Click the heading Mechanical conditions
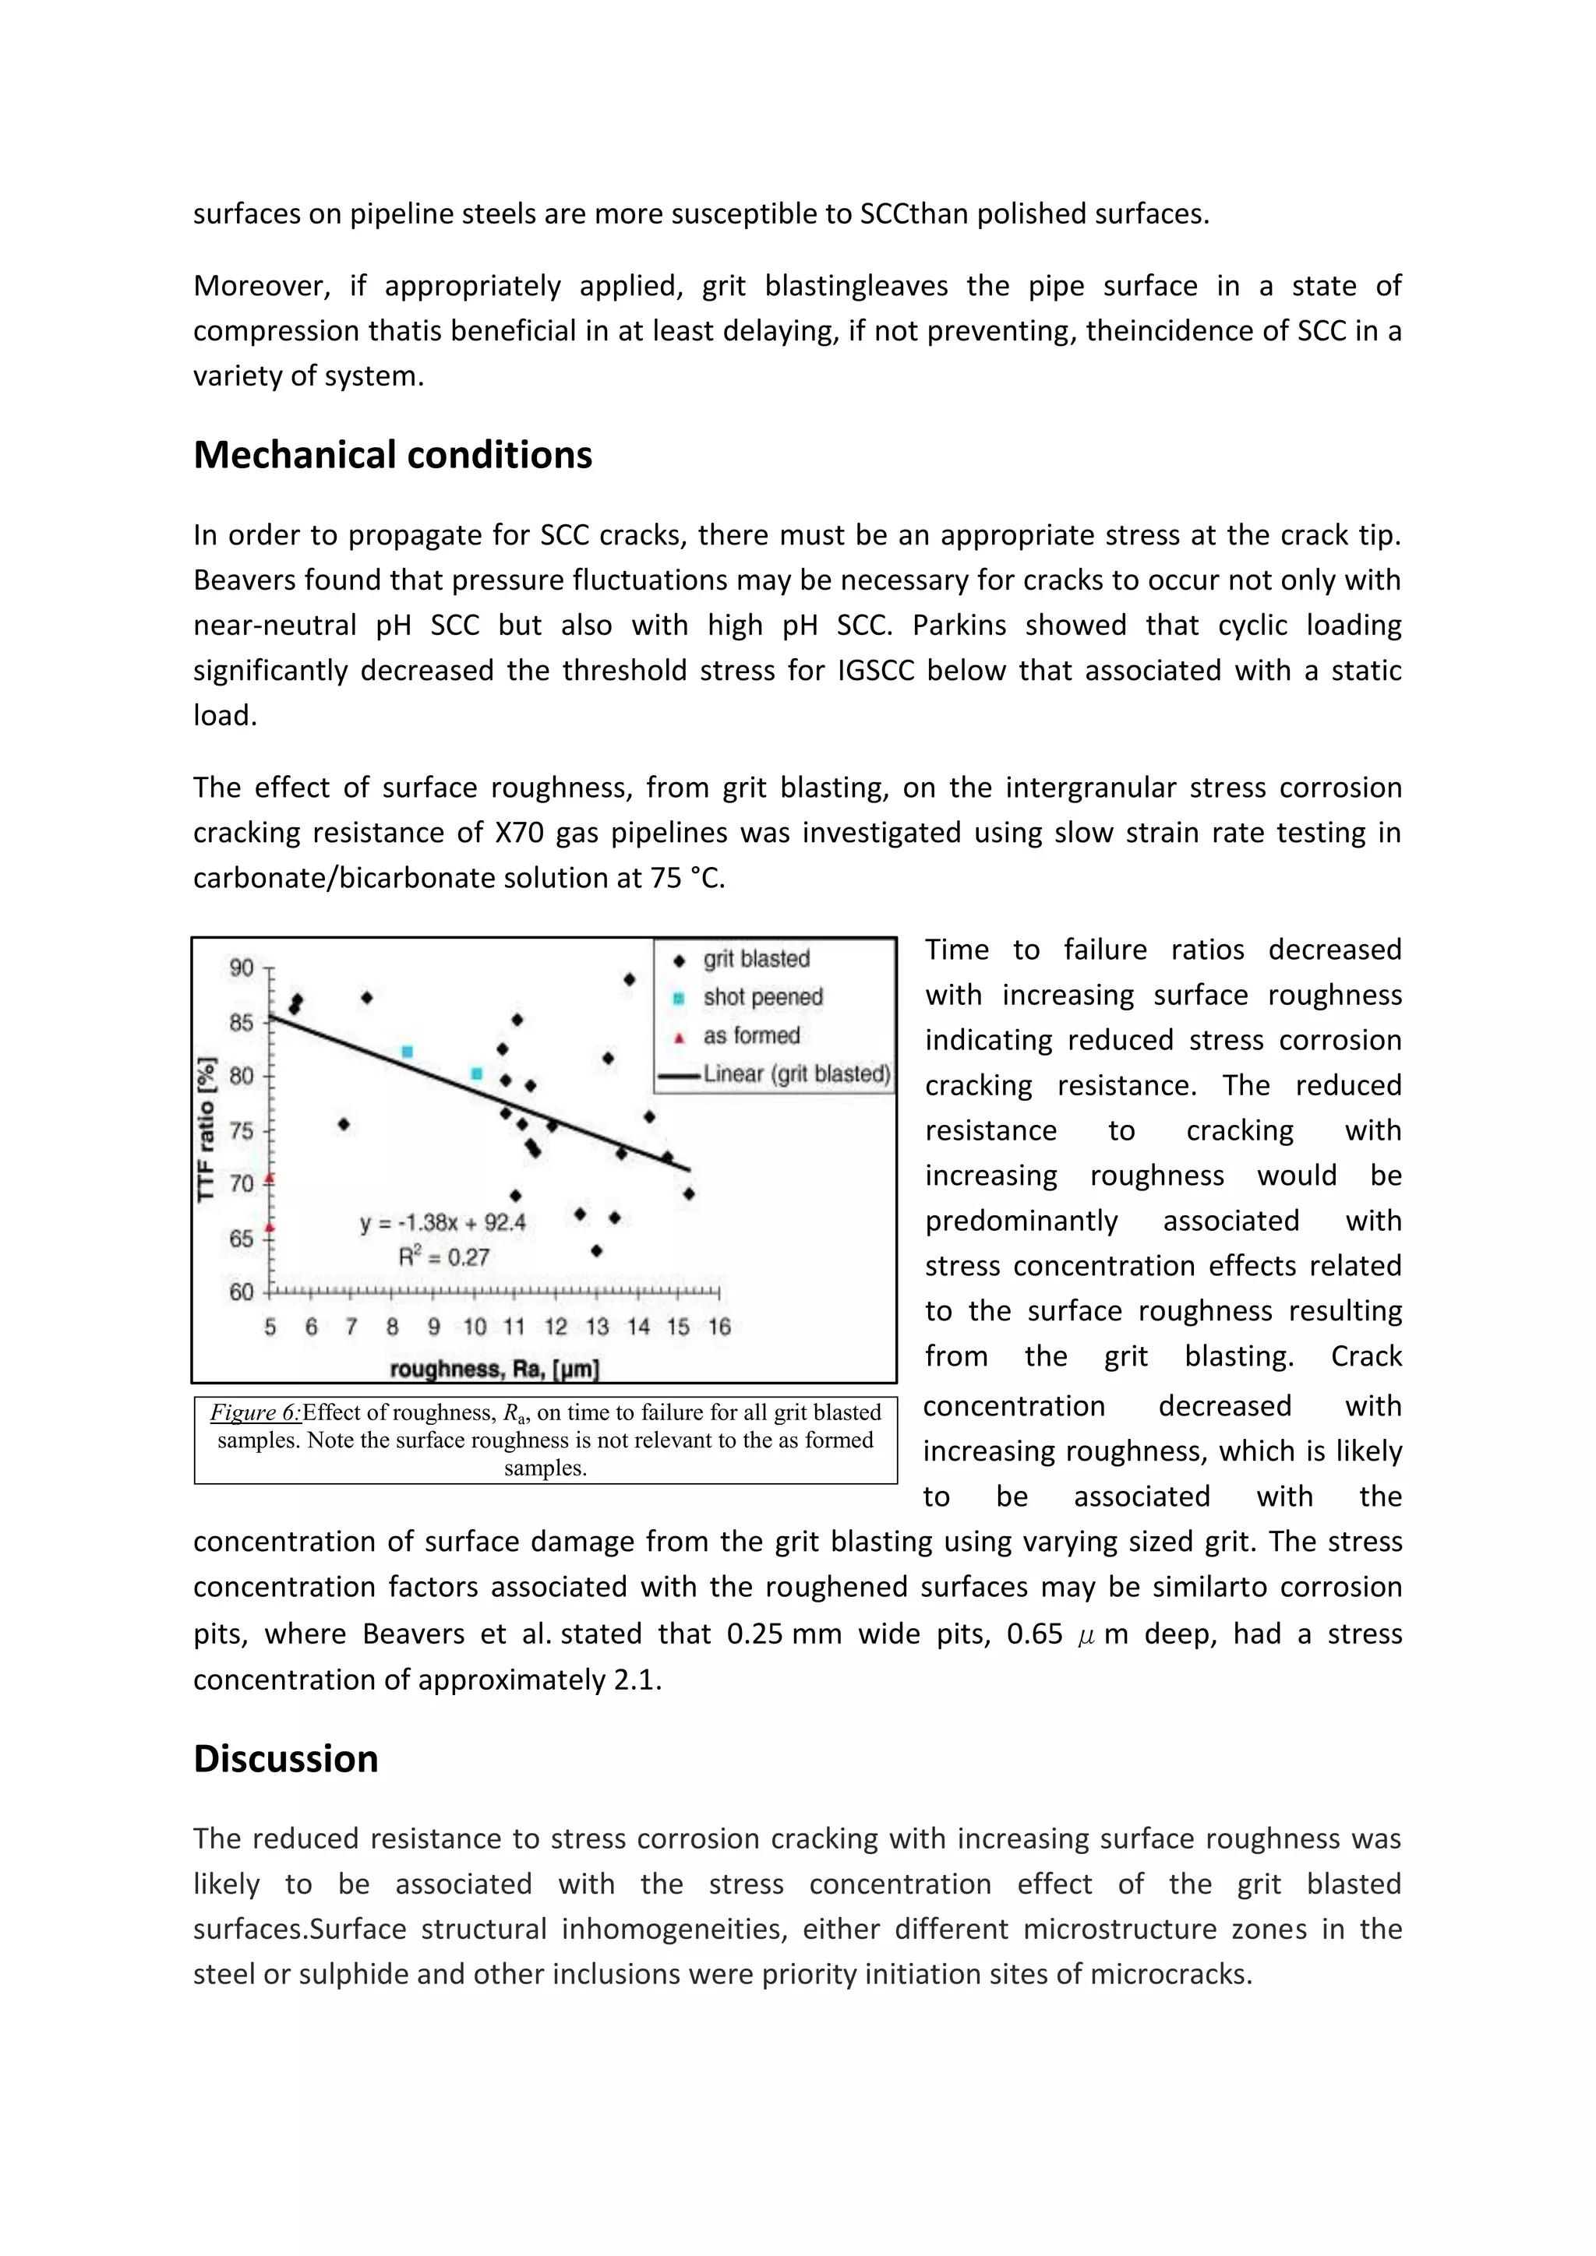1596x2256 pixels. pyautogui.click(x=392, y=456)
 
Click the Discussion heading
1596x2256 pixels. pyautogui.click(x=285, y=1759)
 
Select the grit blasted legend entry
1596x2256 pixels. pyautogui.click(x=756, y=959)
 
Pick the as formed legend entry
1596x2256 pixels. pyautogui.click(x=750, y=1035)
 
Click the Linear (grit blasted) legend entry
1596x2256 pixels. pyautogui.click(x=796, y=1074)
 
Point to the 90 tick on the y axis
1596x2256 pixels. pyautogui.click(x=242, y=968)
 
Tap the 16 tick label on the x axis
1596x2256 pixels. pyautogui.click(x=719, y=1327)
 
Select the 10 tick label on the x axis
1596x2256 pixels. pyautogui.click(x=475, y=1327)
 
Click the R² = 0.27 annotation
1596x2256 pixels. pyautogui.click(x=443, y=1257)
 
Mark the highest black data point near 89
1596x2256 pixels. pyautogui.click(x=629, y=980)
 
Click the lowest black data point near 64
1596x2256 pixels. pyautogui.click(x=595, y=1251)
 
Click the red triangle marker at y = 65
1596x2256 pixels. pyautogui.click(x=270, y=1227)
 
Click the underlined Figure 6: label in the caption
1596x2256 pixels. pyautogui.click(x=256, y=1413)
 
